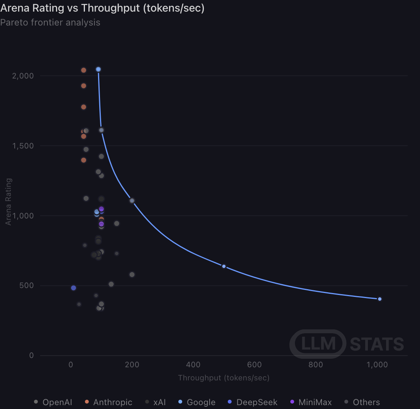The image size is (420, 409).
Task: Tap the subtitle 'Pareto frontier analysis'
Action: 50,22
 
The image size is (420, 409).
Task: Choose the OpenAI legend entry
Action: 53,402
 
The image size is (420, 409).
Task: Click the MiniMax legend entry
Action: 311,402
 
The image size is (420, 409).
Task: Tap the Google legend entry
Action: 197,402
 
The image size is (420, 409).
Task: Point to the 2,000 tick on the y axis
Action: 23,76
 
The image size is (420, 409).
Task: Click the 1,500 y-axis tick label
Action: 23,146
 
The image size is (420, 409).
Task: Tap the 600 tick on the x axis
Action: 254,365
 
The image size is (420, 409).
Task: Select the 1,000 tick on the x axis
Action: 377,365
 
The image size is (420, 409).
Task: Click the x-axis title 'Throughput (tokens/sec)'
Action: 224,378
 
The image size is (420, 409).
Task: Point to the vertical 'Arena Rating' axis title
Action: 8,202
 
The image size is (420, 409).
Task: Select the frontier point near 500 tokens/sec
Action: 224,266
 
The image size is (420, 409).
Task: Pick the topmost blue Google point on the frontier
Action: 98,70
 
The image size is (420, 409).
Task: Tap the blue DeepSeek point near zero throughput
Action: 73,288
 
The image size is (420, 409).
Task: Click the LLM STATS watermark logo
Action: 347,344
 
